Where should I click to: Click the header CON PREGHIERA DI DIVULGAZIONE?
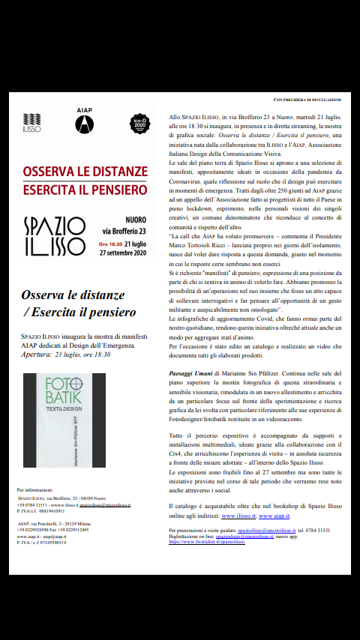pos(307,99)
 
